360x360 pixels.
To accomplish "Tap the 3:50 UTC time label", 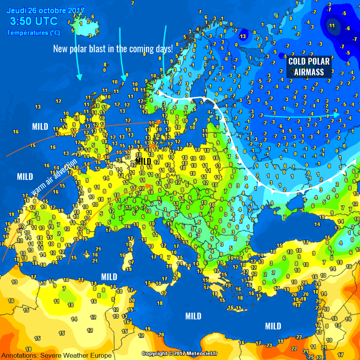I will [34, 21].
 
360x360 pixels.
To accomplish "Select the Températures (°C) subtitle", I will [33, 32].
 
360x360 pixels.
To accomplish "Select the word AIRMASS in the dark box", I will [309, 72].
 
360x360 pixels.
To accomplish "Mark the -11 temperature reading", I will [332, 26].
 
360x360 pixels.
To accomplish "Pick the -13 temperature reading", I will [242, 36].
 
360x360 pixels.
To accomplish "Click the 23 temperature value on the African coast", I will [269, 345].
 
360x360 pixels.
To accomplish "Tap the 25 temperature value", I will [311, 357].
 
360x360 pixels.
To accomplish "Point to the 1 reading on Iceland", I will [81, 24].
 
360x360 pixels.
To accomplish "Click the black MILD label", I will [143, 162].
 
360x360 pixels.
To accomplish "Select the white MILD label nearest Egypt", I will [273, 326].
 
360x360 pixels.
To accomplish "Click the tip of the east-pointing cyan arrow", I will [339, 114].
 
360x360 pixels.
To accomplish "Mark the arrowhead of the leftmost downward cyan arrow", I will [79, 77].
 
